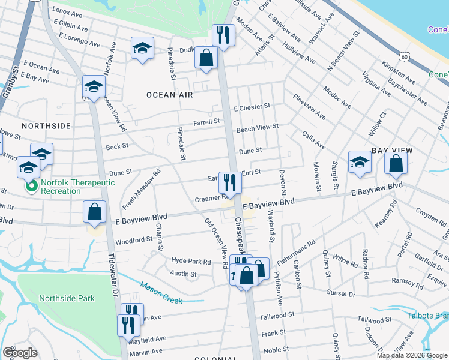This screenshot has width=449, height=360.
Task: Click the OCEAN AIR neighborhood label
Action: pyautogui.click(x=170, y=95)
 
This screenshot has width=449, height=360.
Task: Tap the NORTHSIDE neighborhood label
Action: pyautogui.click(x=46, y=126)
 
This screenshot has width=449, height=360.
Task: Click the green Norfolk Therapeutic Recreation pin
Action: pyautogui.click(x=32, y=187)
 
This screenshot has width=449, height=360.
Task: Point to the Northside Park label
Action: pyautogui.click(x=67, y=298)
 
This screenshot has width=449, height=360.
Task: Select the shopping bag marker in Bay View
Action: pyautogui.click(x=396, y=163)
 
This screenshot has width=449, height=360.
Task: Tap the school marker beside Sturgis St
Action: pyautogui.click(x=359, y=162)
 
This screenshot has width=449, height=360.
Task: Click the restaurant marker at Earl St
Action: pyautogui.click(x=228, y=181)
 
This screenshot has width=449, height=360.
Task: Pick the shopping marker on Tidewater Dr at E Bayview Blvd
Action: pyautogui.click(x=95, y=211)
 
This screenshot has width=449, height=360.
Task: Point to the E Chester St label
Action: pyautogui.click(x=252, y=107)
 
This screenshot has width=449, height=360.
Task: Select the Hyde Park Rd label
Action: pyautogui.click(x=191, y=262)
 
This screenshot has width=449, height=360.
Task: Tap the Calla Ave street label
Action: pyautogui.click(x=313, y=141)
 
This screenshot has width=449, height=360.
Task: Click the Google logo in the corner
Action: pyautogui.click(x=20, y=353)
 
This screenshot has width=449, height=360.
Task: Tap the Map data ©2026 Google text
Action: pyautogui.click(x=411, y=355)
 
